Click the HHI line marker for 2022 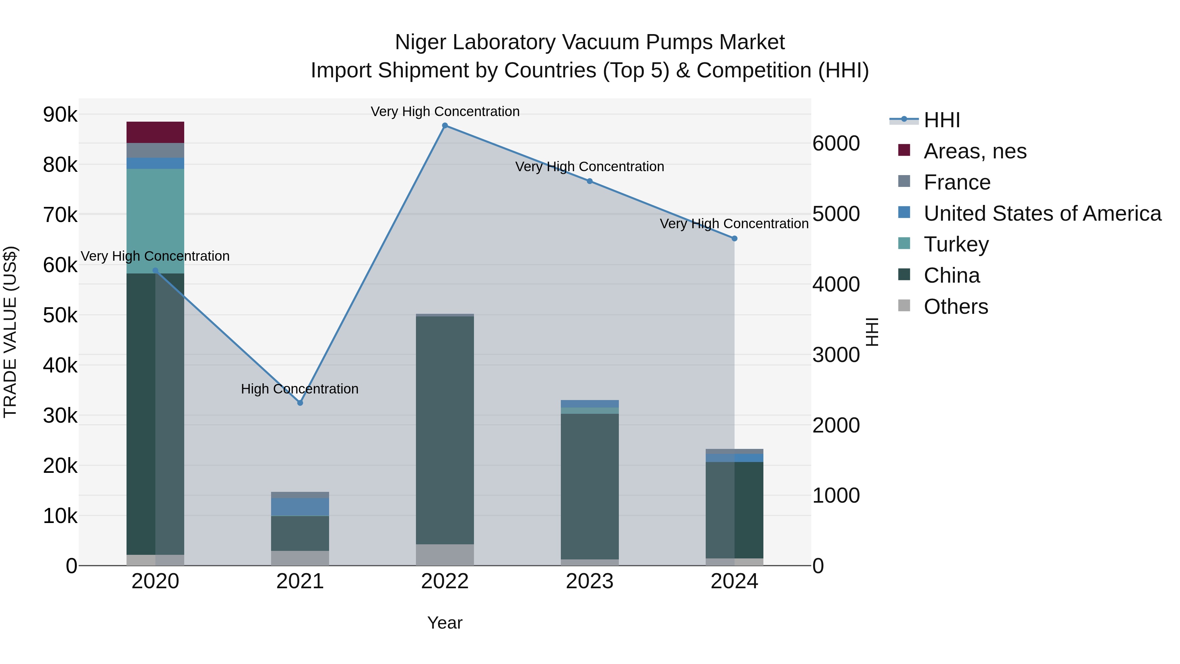coord(445,126)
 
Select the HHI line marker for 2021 coord(300,403)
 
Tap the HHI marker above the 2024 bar coord(734,238)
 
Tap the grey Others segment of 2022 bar coord(445,554)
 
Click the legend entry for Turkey coord(956,244)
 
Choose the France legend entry coord(957,182)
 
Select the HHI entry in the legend coord(941,120)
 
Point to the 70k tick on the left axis coord(60,214)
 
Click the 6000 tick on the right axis coord(836,143)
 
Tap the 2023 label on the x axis coord(590,581)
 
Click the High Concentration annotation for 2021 coord(300,389)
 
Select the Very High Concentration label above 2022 coord(445,111)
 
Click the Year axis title coord(445,623)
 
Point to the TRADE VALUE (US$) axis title coord(10,332)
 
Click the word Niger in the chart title coord(421,42)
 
